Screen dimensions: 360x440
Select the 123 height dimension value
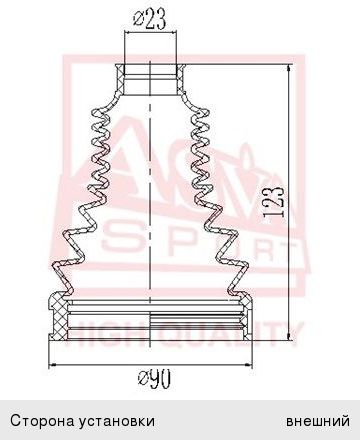pyautogui.click(x=274, y=202)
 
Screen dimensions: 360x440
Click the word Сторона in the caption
pyautogui.click(x=43, y=421)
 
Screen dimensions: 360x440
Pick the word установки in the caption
pyautogui.click(x=117, y=421)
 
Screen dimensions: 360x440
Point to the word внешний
pyautogui.click(x=318, y=421)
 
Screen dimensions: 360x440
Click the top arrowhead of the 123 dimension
pyautogui.click(x=289, y=69)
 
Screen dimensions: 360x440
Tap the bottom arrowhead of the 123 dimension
pyautogui.click(x=289, y=335)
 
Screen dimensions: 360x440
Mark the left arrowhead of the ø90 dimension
pyautogui.click(x=53, y=365)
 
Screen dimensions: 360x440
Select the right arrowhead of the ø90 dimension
pyautogui.click(x=247, y=365)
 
